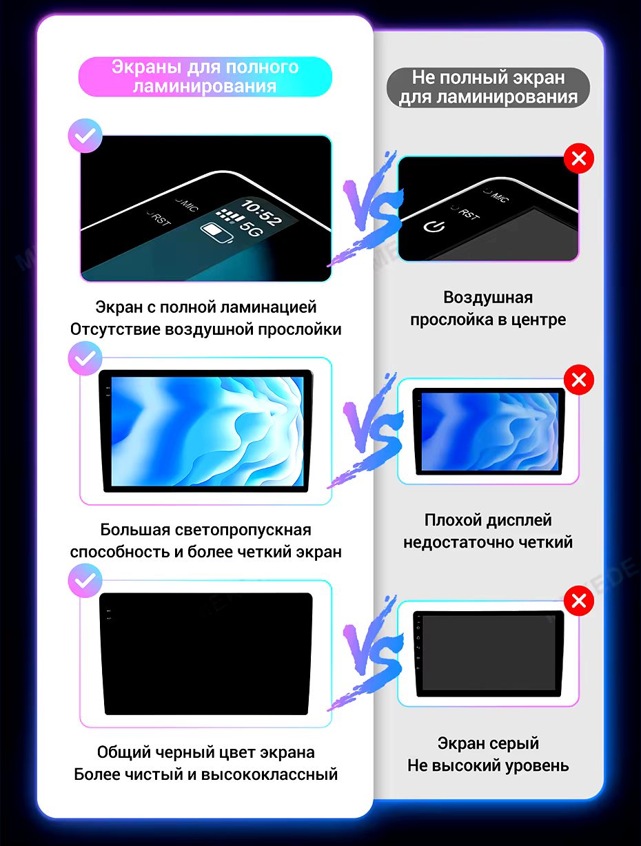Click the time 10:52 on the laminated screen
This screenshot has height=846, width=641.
pos(261,212)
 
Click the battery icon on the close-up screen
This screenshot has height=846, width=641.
pos(216,232)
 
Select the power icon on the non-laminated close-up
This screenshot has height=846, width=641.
pos(434,226)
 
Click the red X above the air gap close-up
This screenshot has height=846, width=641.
pos(578,158)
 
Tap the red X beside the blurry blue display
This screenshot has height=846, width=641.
pos(578,380)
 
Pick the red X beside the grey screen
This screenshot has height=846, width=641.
pos(578,601)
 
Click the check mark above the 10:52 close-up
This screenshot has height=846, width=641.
pos(85,136)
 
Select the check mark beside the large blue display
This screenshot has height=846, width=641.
pos(85,358)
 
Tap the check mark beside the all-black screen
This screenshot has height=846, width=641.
pos(85,581)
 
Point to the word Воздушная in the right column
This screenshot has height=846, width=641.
pos(488,298)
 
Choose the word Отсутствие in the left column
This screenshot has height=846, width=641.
pos(115,329)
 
